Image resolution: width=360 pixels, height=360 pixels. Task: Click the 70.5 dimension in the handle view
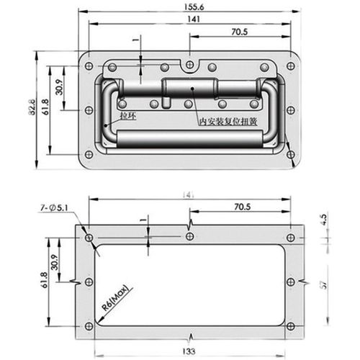(241, 32)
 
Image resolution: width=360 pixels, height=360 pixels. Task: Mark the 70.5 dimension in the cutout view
(241, 207)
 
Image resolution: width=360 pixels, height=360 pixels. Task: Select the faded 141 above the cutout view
(189, 194)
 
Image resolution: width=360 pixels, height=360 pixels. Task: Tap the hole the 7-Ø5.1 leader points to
(88, 238)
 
